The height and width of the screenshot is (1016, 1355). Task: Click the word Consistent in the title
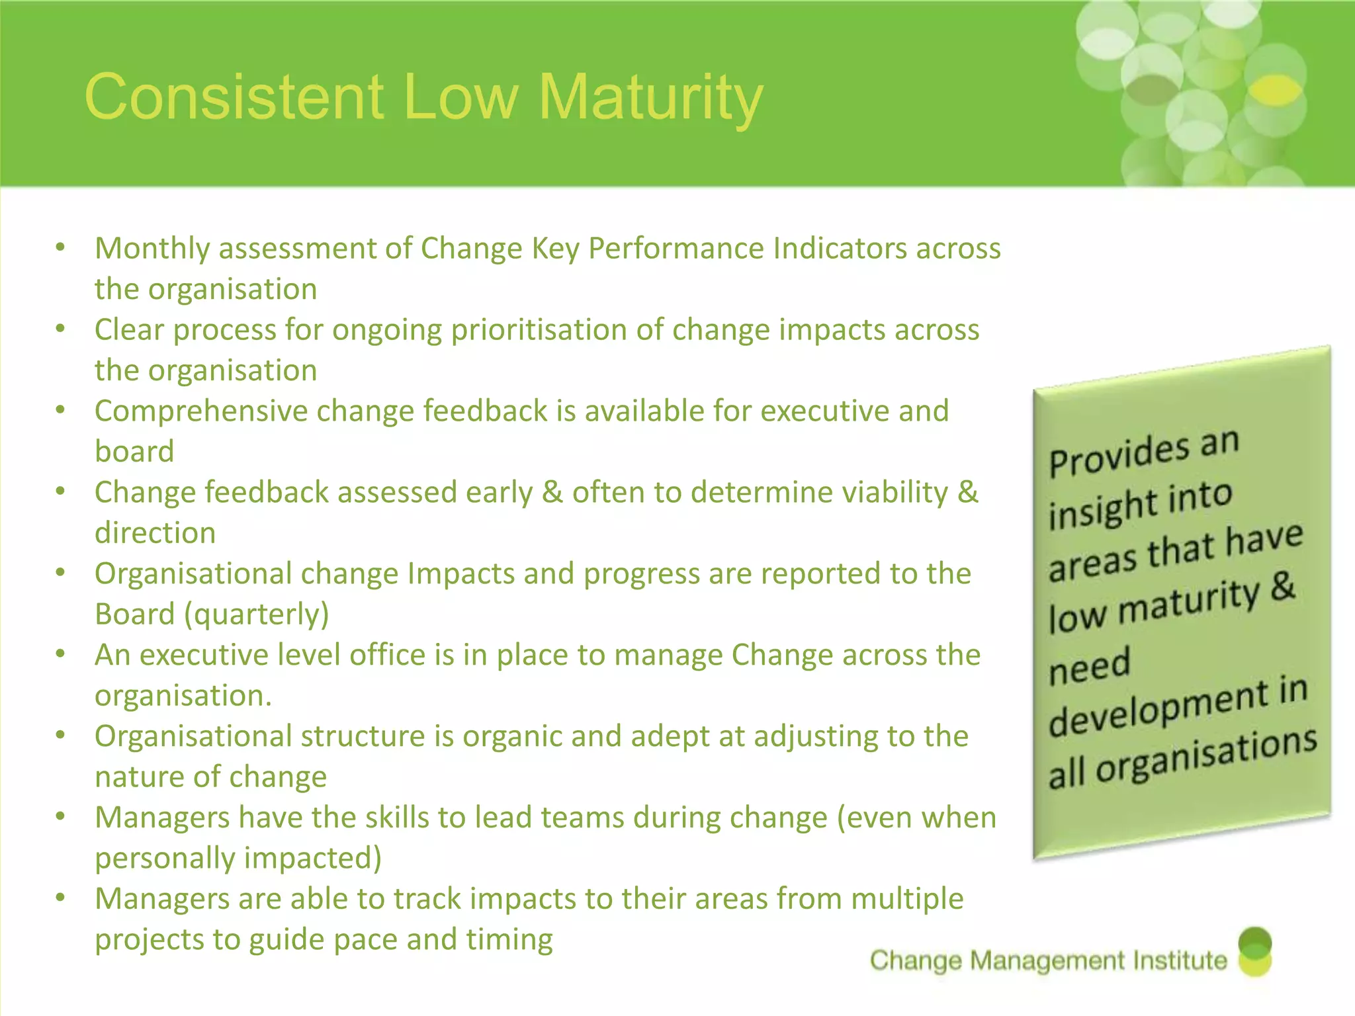(235, 98)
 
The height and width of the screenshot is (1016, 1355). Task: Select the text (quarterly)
(257, 614)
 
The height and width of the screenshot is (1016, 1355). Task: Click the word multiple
(906, 899)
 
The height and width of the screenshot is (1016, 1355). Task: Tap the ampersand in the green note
(1282, 587)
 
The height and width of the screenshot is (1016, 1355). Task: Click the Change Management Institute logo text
(1049, 960)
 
